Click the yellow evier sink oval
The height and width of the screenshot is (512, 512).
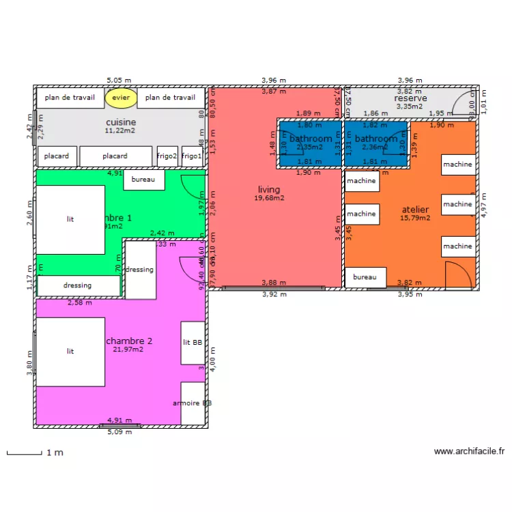point(121,98)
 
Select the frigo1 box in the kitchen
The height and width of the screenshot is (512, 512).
point(192,156)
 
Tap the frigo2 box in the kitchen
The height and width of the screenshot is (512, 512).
point(167,156)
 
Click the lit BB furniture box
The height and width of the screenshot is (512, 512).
point(193,343)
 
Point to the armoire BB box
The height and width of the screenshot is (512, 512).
point(192,403)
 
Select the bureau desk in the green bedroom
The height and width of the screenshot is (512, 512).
point(144,180)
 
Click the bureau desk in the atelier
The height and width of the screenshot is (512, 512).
point(365,278)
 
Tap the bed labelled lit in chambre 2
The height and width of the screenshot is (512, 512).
point(70,351)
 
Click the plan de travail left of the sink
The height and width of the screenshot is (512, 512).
point(70,98)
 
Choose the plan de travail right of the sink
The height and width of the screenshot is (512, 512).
point(171,98)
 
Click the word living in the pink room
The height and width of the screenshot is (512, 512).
point(269,190)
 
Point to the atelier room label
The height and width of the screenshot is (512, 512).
point(415,210)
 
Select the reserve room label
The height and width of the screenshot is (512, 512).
point(410,98)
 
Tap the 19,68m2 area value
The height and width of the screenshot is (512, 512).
point(269,198)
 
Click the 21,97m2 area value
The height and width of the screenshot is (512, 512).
point(128,349)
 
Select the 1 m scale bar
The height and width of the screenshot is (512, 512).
point(25,453)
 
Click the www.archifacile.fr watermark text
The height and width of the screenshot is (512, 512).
point(469,451)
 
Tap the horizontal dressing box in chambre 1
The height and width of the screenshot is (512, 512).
point(78,285)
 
